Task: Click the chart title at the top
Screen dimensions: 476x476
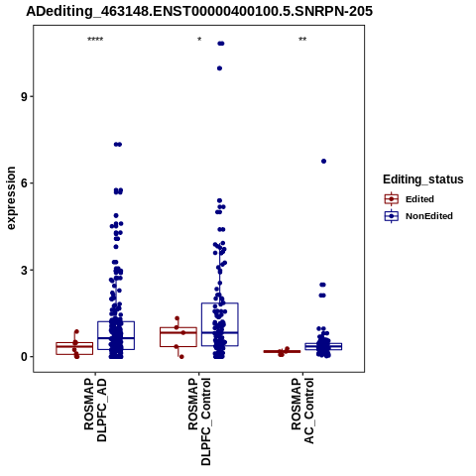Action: pyautogui.click(x=199, y=11)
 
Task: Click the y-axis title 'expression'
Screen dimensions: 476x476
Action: pyautogui.click(x=11, y=198)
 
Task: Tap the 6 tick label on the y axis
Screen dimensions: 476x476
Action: pyautogui.click(x=24, y=183)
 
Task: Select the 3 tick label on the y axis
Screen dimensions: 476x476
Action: pyautogui.click(x=24, y=270)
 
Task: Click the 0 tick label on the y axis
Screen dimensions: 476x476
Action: pyautogui.click(x=24, y=357)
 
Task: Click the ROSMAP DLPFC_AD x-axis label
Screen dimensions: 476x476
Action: pyautogui.click(x=95, y=410)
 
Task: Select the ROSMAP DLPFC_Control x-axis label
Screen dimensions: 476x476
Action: pyautogui.click(x=199, y=421)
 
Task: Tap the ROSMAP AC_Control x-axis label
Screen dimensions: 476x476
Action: pyautogui.click(x=302, y=411)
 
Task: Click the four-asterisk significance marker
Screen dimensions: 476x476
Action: pyautogui.click(x=95, y=40)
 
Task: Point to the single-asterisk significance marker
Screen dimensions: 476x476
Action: pyautogui.click(x=199, y=40)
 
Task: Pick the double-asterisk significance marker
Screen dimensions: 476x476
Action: pyautogui.click(x=302, y=40)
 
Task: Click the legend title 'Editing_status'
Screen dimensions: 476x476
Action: pyautogui.click(x=423, y=179)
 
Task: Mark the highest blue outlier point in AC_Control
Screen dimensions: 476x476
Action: pyautogui.click(x=323, y=162)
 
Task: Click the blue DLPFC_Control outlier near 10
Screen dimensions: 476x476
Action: pyautogui.click(x=219, y=68)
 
